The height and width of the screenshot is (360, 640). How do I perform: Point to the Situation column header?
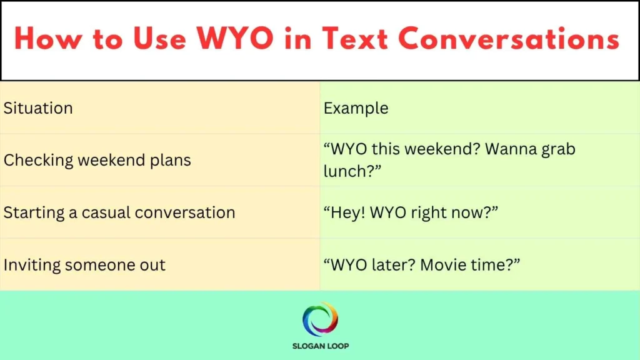(38, 108)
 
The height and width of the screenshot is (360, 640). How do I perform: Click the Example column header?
(356, 108)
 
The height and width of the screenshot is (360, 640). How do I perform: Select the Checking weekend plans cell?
(97, 160)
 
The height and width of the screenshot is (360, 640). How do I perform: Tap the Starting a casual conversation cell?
(119, 212)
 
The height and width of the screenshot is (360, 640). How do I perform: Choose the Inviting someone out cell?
(85, 265)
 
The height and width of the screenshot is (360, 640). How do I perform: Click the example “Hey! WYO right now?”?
(411, 212)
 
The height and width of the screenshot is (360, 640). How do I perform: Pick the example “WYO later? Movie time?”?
(422, 265)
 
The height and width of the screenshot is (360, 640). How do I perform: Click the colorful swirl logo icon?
(320, 319)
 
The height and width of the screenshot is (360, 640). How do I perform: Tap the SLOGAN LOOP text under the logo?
(320, 346)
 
